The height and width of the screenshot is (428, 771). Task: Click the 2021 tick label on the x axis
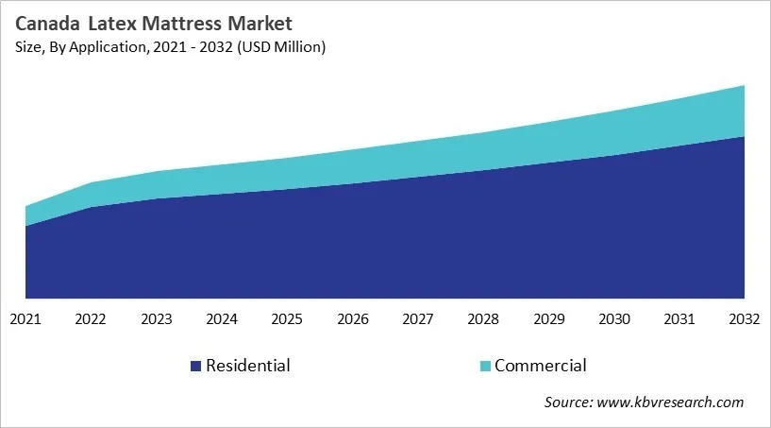coord(25,320)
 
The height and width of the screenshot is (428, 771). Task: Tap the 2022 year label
coord(91,320)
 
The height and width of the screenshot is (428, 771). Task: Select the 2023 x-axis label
coord(156,320)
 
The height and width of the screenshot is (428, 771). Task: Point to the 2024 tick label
coord(222,320)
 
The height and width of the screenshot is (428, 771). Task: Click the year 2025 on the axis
coord(287,320)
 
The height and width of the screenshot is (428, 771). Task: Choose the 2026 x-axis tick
coord(352,320)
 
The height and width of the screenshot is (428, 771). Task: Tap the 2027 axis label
coord(418,320)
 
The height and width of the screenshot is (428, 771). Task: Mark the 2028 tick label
coord(483,320)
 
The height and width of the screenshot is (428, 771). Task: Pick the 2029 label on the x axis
coord(548,320)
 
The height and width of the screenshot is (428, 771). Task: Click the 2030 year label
coord(614,320)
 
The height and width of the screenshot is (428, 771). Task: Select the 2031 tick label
coord(679,320)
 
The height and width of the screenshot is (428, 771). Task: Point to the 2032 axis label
coord(745,320)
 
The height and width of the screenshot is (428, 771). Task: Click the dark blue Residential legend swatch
coord(195,366)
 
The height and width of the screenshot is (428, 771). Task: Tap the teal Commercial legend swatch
coord(484,366)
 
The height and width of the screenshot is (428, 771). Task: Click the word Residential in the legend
coord(247,366)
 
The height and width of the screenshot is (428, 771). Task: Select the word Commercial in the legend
coord(541,366)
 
